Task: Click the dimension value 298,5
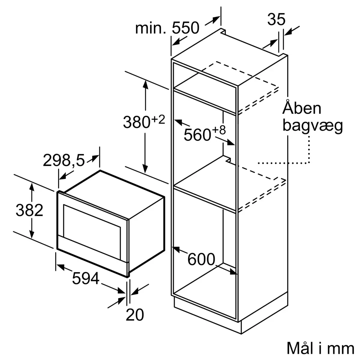click(x=64, y=161)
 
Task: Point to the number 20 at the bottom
click(x=135, y=315)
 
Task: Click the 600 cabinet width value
click(x=201, y=259)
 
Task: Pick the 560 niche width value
click(x=197, y=134)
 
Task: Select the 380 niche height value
click(x=136, y=122)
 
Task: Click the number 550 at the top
click(x=186, y=28)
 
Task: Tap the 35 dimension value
click(x=276, y=20)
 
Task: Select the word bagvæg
click(x=312, y=126)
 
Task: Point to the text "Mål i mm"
click(x=320, y=348)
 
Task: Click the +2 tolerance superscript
click(x=158, y=120)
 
